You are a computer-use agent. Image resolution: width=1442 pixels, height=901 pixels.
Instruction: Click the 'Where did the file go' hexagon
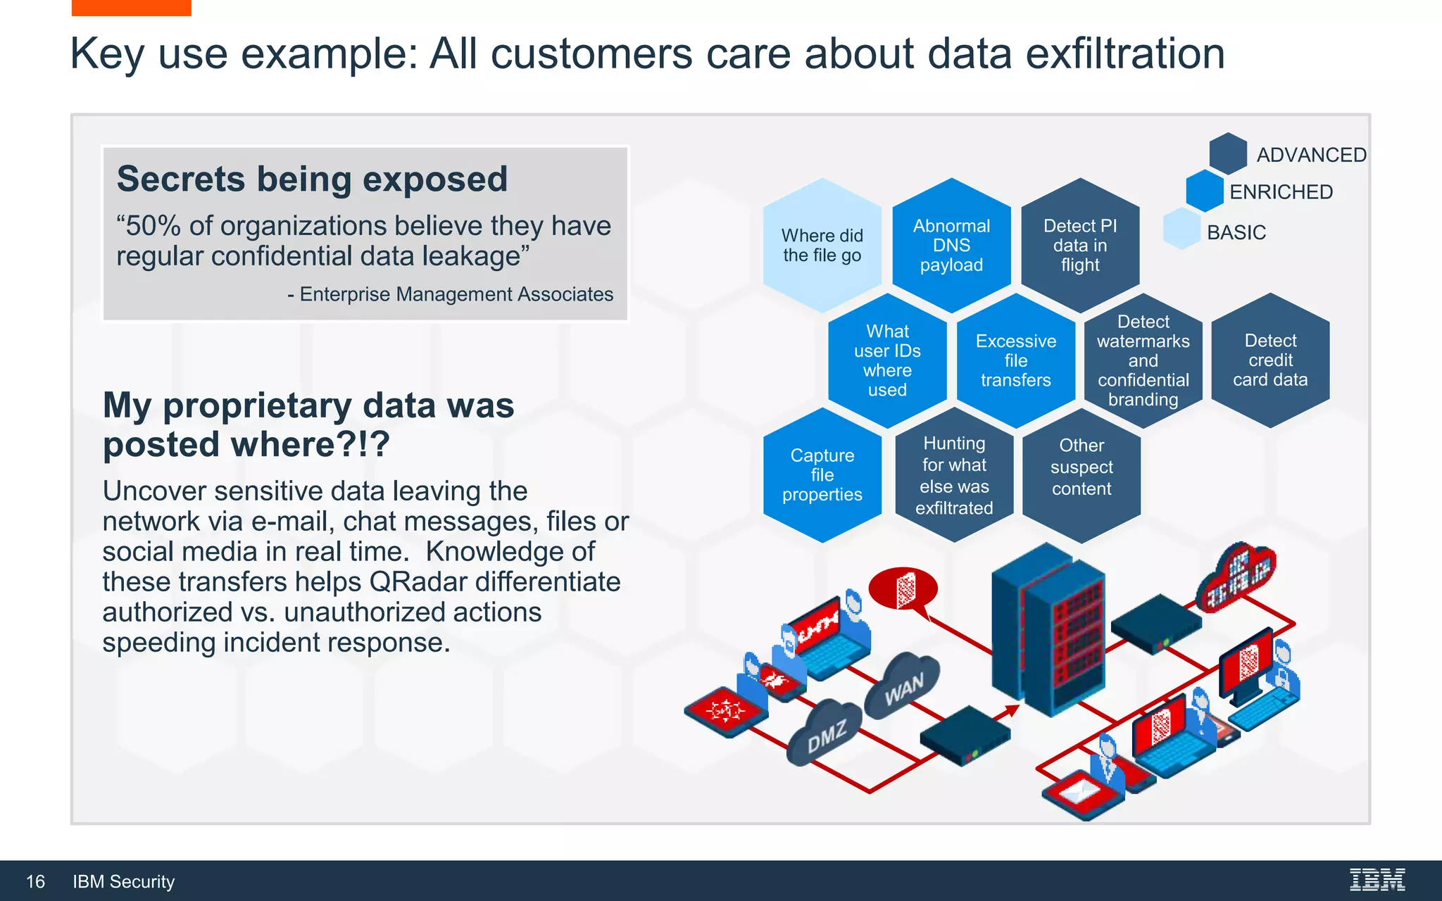[822, 245]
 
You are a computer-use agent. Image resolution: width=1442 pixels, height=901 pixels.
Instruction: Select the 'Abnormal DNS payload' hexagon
[951, 245]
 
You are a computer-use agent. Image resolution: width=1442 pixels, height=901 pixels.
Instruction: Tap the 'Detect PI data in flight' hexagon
[1080, 245]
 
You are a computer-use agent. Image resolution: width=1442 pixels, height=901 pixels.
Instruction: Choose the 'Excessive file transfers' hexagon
[1016, 360]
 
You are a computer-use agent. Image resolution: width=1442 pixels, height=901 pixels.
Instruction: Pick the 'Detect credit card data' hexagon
[1270, 360]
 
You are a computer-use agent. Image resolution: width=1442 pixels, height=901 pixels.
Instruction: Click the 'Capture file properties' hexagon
[822, 475]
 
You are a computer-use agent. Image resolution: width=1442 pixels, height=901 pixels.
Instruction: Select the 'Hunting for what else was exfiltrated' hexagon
[954, 475]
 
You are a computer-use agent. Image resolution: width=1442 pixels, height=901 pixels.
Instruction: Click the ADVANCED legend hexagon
[1228, 153]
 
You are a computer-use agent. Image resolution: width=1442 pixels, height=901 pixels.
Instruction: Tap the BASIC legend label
[1236, 232]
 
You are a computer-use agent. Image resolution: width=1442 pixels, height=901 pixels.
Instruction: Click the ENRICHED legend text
[1281, 192]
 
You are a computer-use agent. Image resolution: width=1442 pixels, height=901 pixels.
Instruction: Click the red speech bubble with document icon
[903, 588]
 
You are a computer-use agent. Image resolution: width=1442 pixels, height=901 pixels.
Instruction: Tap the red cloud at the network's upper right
[1236, 576]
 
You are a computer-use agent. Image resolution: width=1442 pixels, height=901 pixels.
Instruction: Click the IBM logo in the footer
[1377, 880]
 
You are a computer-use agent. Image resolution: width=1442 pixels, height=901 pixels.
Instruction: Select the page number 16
[35, 881]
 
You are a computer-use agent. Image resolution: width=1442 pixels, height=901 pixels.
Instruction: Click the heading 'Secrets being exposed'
[312, 179]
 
